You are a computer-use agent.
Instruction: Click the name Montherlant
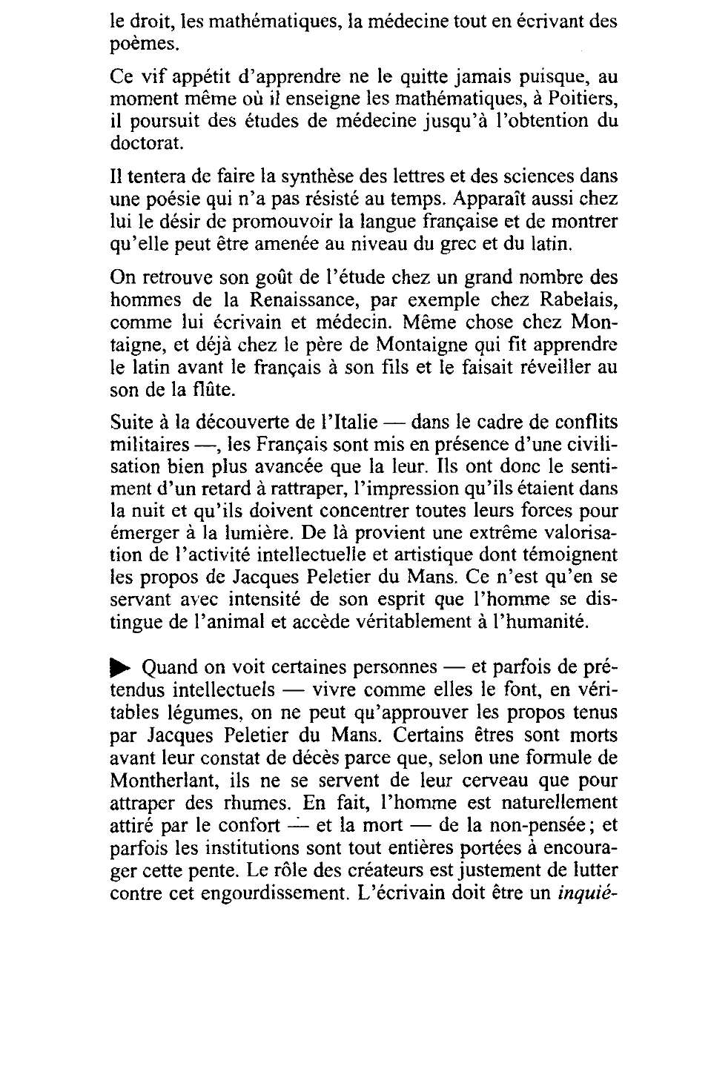tap(162, 781)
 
